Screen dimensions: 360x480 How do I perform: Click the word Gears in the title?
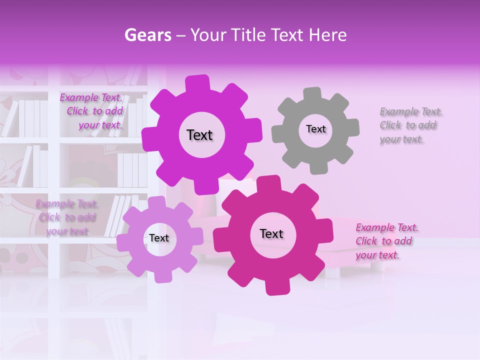pos(147,35)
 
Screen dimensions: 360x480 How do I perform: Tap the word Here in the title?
pos(327,35)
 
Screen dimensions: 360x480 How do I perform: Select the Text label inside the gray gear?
pos(315,129)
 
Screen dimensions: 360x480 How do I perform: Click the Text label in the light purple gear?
pos(159,238)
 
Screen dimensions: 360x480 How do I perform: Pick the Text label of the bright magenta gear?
pos(200,135)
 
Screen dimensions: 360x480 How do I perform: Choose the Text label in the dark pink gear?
pos(271,234)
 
